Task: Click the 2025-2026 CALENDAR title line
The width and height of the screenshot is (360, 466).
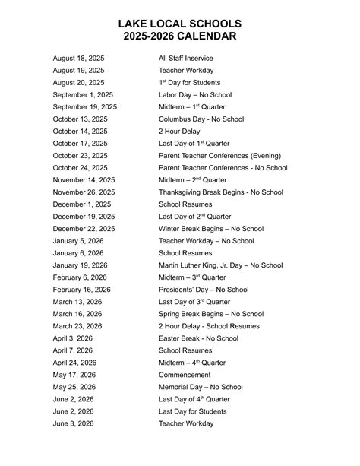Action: tap(180, 36)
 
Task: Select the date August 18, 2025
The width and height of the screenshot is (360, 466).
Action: tap(78, 59)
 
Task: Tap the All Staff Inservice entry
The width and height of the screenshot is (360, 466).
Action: tap(185, 59)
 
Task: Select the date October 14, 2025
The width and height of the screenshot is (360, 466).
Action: tap(80, 132)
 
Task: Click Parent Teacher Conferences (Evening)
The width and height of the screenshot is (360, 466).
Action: tap(219, 156)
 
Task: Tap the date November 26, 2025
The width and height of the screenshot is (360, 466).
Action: tap(84, 192)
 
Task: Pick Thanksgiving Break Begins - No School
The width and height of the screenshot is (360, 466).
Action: tap(220, 192)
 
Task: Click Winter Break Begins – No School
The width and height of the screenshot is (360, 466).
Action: tap(211, 229)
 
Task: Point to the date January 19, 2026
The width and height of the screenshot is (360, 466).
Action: tap(80, 265)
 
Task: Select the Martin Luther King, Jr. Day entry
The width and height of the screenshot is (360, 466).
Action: tap(220, 265)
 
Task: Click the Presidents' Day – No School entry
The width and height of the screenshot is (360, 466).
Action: tap(204, 290)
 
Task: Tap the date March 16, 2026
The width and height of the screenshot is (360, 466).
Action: tap(77, 314)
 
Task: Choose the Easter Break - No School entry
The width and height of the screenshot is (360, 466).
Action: tap(198, 338)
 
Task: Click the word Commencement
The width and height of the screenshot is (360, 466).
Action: tap(185, 375)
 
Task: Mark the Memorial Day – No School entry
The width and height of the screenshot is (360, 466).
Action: tap(201, 387)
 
